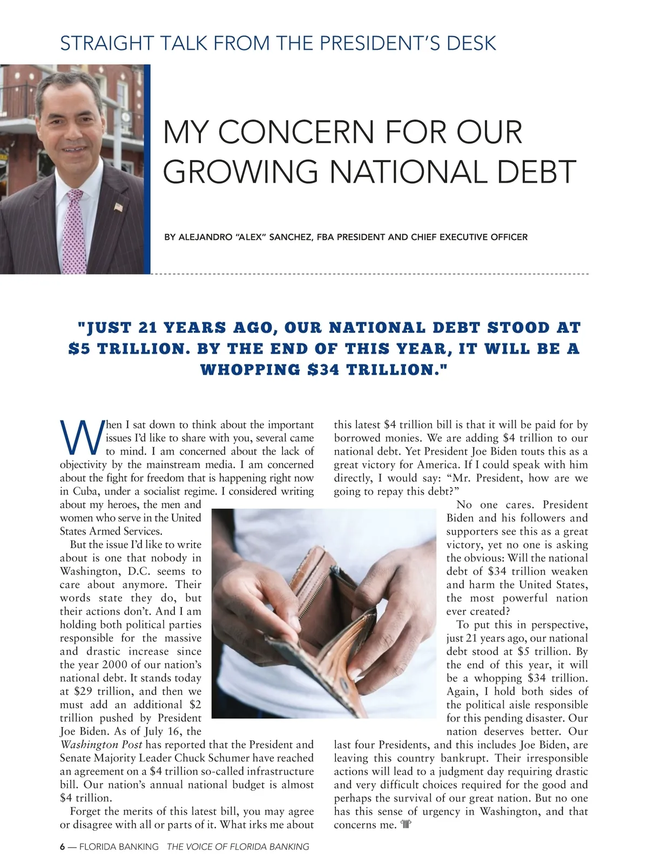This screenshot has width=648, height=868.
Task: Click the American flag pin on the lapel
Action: click(x=119, y=207)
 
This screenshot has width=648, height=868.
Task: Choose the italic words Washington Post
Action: click(x=101, y=745)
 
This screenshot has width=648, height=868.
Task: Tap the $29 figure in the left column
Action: click(x=84, y=691)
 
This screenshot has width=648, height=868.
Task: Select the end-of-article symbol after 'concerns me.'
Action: click(x=407, y=825)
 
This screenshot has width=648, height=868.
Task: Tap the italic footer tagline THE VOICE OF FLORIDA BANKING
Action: click(x=238, y=846)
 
